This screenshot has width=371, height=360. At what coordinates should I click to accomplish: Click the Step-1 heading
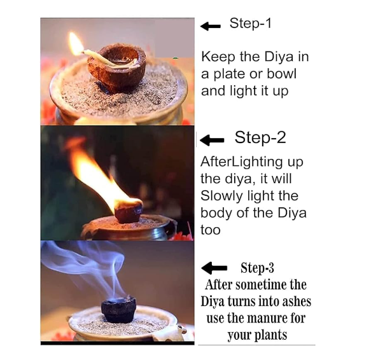[250, 24]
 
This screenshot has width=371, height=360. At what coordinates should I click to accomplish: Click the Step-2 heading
[260, 137]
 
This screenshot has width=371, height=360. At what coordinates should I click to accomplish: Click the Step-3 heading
[257, 268]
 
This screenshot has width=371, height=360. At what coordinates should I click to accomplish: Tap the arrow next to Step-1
[211, 26]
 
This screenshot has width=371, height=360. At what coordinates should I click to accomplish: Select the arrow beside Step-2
[212, 140]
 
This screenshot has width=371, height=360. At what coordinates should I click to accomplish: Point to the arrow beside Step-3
[214, 268]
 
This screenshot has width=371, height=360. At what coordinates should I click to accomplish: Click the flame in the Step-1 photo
[76, 44]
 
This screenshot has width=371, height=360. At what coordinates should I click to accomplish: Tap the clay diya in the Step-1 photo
[116, 67]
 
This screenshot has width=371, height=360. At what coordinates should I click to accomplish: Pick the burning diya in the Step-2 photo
[129, 211]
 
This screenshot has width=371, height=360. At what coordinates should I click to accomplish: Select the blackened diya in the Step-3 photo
[118, 309]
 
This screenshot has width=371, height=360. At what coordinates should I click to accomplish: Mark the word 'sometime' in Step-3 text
[258, 284]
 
